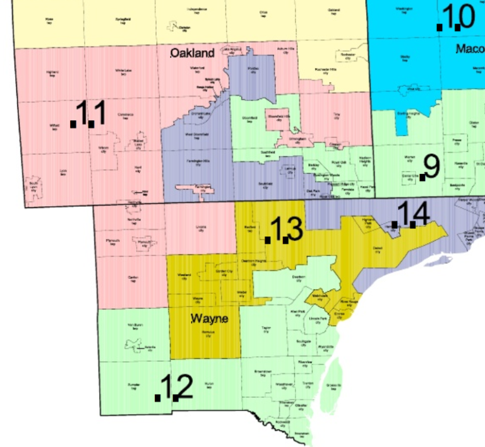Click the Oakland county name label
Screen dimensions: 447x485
193,54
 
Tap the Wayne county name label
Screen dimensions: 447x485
209,319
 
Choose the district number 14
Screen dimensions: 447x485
411,214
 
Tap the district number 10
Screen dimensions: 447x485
457,18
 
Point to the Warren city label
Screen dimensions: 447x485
409,158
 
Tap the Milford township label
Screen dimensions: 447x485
55,126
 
